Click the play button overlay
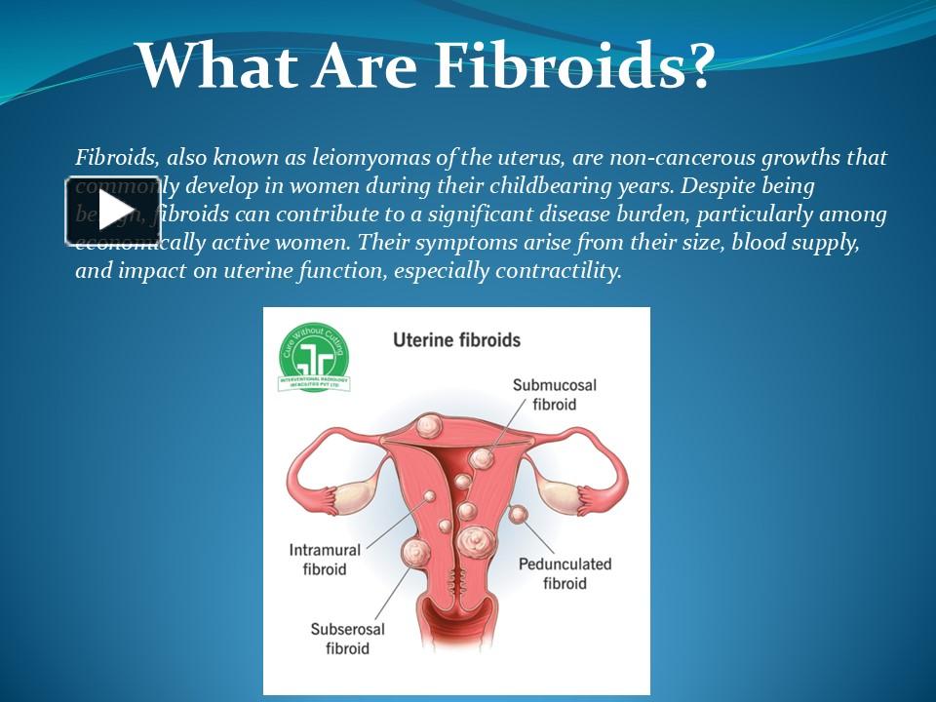(113, 211)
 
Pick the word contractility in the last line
(557, 271)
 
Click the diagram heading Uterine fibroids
(456, 340)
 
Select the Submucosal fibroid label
(554, 394)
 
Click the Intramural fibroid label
(325, 559)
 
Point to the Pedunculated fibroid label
(565, 573)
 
